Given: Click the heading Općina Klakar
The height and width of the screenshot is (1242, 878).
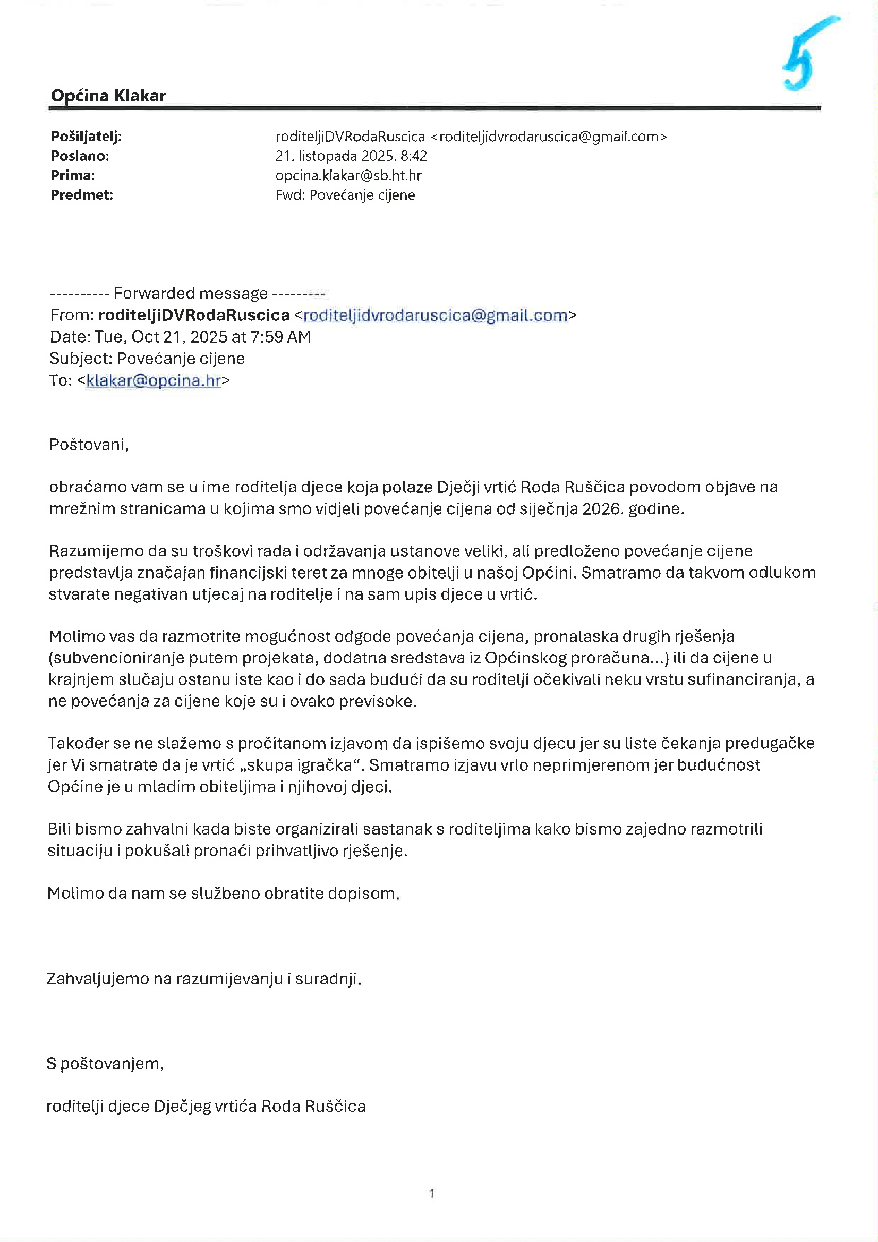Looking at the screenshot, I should [x=108, y=96].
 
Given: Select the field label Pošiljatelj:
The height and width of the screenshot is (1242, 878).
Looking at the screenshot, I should [x=86, y=137].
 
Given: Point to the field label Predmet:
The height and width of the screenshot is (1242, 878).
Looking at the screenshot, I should [x=82, y=195].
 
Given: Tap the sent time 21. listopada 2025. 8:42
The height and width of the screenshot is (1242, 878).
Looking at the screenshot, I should [x=351, y=156].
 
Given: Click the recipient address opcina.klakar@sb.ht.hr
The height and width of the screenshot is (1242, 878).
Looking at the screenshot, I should [x=348, y=176].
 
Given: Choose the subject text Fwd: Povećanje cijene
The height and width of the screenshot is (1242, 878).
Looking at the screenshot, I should [x=345, y=195].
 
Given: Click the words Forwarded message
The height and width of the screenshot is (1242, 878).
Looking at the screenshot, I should [x=191, y=294].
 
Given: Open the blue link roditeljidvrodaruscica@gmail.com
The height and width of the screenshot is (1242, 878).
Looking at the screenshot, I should [x=435, y=316].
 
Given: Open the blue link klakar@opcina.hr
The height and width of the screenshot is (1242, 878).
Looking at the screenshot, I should [x=154, y=381].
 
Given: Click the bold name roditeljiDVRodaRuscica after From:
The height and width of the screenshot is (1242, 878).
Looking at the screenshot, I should [x=194, y=316].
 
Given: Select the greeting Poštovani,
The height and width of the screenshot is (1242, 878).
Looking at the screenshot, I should [x=89, y=445].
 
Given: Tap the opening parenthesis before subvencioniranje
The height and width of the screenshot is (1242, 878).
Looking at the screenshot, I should [x=50, y=658].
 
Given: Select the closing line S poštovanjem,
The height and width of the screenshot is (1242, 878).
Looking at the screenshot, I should [x=105, y=1064].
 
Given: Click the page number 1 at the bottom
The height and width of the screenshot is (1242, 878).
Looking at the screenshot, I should [x=432, y=1193].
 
